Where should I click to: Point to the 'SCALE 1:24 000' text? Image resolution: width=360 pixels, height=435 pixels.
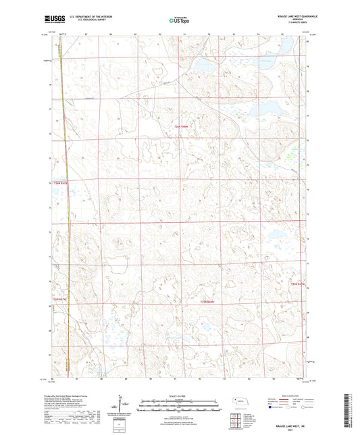179,397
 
